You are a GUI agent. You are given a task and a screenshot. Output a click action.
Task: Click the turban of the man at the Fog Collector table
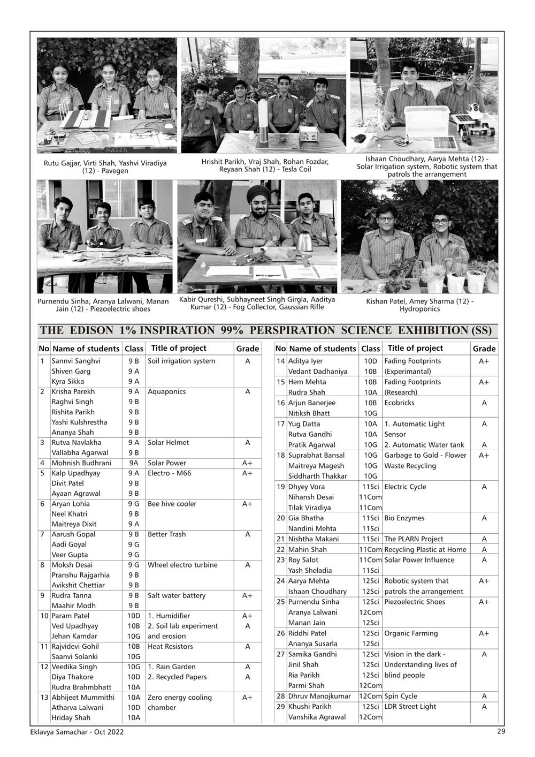point(258,194)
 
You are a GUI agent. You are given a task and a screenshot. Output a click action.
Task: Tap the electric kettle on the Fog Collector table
point(305,241)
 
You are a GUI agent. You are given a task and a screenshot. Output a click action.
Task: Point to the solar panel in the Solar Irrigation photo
point(445,143)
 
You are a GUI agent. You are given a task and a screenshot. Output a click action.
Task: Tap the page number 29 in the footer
point(500,731)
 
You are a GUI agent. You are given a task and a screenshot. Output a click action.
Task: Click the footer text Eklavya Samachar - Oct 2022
point(77,732)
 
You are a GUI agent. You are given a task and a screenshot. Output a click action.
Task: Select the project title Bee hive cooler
point(172,504)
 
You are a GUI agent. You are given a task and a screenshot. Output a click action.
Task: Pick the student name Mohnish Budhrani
point(81,463)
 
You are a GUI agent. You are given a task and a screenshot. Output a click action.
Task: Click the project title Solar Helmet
point(168,443)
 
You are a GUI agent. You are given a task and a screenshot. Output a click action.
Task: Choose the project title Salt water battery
point(176,595)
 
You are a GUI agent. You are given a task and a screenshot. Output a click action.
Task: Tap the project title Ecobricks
point(399,403)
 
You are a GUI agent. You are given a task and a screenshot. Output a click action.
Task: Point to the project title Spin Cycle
point(401,696)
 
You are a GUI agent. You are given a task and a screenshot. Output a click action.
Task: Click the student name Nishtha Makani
point(314,539)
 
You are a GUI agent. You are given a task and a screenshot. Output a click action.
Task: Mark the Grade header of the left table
point(247,349)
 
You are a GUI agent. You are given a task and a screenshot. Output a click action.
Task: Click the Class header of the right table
point(370,349)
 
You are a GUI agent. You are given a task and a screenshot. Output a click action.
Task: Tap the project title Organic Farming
point(411,633)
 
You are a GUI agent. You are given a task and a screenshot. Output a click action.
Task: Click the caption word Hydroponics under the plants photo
point(419,309)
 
